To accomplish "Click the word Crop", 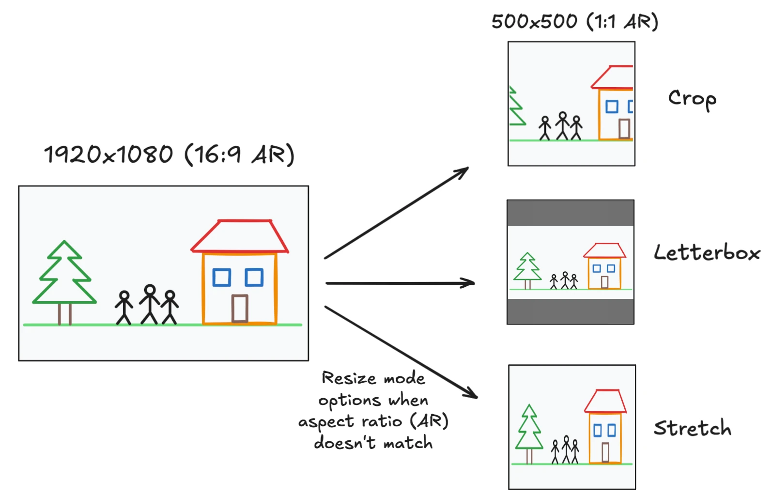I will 692,99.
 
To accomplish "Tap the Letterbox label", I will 707,253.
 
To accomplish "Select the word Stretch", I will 692,428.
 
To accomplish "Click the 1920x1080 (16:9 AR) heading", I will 169,155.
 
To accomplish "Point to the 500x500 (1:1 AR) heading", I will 574,22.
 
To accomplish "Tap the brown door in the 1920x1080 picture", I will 240,308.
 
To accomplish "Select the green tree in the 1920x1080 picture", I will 64,276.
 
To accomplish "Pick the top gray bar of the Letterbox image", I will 571,213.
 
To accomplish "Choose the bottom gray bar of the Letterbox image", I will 571,311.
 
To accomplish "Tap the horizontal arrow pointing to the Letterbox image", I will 400,283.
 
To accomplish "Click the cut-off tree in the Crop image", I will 516,108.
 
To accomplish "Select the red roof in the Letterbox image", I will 604,250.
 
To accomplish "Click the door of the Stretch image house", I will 605,452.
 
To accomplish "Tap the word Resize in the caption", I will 349,378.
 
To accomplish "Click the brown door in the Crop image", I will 624,128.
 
